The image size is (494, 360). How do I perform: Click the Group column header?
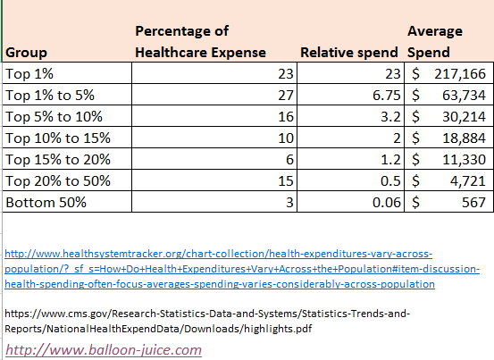click(26, 53)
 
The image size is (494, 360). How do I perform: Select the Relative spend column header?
click(349, 53)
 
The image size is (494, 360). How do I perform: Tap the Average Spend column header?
click(435, 42)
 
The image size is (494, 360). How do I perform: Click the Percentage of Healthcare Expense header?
click(200, 42)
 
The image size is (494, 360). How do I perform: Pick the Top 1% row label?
click(29, 74)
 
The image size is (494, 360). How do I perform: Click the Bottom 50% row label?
click(46, 202)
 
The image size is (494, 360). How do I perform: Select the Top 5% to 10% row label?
click(54, 116)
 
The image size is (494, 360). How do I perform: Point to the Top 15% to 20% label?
click(58, 159)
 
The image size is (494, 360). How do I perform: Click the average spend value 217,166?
click(460, 74)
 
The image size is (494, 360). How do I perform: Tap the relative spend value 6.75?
click(386, 95)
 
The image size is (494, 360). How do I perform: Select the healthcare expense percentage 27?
click(286, 95)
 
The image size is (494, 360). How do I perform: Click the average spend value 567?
click(473, 202)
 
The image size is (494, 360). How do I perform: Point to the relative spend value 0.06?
click(386, 202)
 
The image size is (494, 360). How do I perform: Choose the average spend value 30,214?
click(464, 116)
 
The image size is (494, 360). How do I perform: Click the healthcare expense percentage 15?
click(286, 180)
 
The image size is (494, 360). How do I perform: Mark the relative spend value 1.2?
click(390, 159)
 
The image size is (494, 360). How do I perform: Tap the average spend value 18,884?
click(464, 138)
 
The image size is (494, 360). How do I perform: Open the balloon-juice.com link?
click(104, 350)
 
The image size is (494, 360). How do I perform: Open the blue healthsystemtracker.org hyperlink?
click(242, 269)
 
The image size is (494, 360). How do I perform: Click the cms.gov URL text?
click(207, 322)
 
